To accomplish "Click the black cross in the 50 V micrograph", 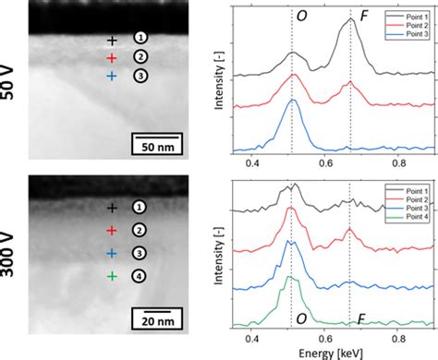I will click(112, 41).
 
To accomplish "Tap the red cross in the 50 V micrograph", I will click(112, 58).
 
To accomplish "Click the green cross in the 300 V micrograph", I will click(112, 275).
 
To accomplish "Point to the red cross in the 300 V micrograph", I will click(112, 229).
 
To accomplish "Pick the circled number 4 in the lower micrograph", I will click(140, 275).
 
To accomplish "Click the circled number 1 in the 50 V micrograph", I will click(140, 38).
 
